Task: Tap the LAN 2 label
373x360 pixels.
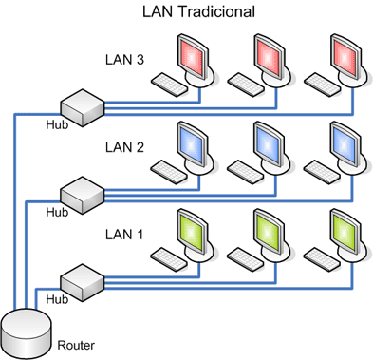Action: pos(125,148)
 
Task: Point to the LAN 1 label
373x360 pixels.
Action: pos(125,233)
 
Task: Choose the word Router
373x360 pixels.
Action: pos(76,345)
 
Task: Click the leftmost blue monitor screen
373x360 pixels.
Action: pos(193,144)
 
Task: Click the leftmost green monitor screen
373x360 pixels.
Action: pos(193,230)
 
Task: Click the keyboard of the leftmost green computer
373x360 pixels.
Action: pos(168,256)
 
